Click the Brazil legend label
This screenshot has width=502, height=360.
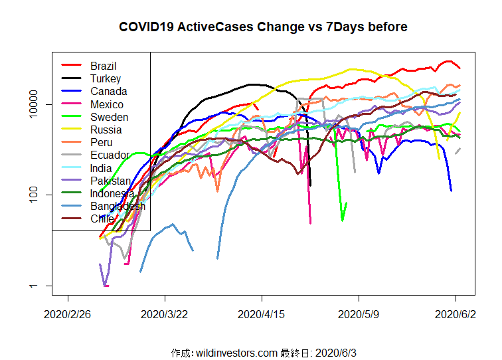103,66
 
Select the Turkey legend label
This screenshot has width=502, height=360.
106,78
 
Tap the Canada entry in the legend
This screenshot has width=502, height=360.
108,91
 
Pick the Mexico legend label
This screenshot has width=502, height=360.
107,104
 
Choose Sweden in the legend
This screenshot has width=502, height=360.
109,117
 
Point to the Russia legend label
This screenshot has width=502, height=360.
106,130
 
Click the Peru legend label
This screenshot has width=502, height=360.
101,142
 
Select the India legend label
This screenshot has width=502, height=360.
101,168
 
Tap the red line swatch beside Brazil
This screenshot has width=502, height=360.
72,65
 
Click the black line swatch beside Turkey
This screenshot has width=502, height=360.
72,78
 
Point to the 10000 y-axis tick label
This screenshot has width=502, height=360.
33,104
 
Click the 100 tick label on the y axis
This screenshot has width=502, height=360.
33,195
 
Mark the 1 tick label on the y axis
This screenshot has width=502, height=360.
33,286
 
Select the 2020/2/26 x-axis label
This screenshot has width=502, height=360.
67,315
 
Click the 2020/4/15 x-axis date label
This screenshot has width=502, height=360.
261,315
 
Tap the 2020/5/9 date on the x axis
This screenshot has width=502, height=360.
359,315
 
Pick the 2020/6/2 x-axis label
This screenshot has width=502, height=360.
456,315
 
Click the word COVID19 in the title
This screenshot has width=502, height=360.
146,27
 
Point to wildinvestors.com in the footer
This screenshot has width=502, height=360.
236,353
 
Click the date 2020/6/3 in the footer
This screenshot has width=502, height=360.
335,353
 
